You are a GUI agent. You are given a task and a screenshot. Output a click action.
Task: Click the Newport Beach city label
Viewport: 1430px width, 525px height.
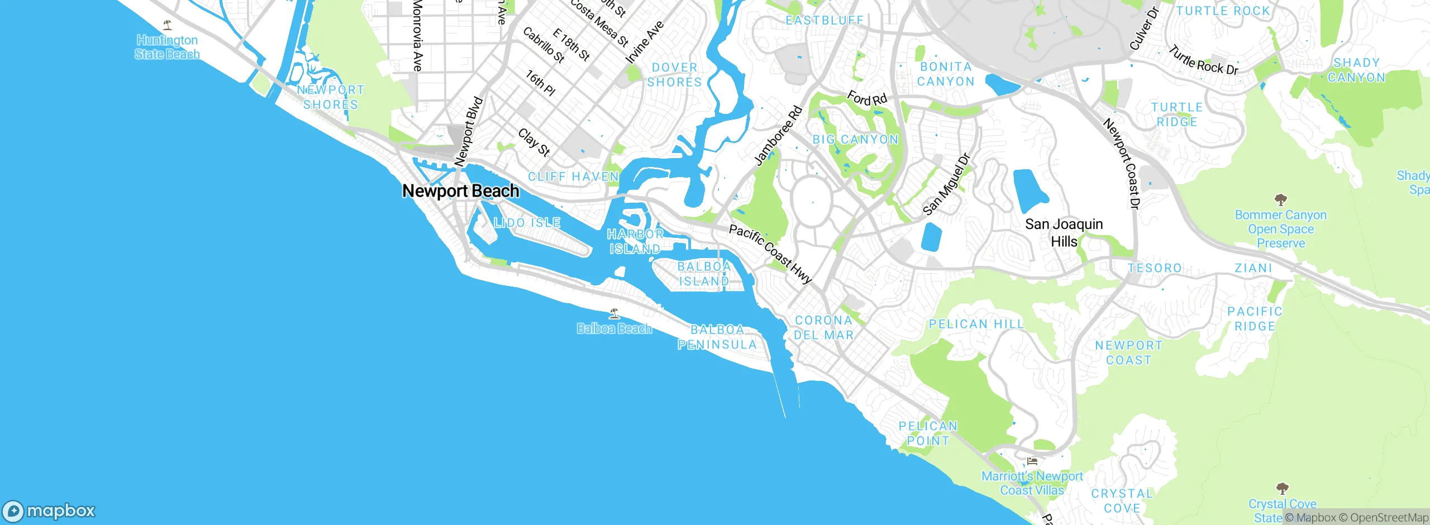coord(461,191)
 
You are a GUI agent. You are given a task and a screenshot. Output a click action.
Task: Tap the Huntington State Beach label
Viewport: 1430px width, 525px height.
coord(167,47)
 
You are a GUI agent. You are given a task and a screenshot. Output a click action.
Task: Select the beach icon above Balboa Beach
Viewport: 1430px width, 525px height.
coord(614,314)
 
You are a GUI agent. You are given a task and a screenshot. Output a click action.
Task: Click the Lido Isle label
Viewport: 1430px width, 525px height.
coord(527,223)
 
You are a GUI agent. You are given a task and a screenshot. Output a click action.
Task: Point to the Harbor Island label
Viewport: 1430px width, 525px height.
coord(635,241)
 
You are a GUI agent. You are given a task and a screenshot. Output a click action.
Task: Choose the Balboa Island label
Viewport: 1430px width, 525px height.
coord(704,274)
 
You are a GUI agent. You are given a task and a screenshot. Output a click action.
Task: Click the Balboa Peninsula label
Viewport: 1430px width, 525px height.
coord(717,337)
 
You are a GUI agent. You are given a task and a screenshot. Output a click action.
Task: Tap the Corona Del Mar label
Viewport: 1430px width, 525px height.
coord(824,328)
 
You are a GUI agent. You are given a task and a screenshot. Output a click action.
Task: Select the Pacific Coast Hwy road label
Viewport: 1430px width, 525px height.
coord(770,254)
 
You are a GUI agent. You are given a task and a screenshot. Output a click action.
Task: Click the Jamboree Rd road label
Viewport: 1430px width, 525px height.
coord(778,136)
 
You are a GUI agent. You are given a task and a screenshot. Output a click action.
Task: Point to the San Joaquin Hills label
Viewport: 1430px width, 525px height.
coord(1064,232)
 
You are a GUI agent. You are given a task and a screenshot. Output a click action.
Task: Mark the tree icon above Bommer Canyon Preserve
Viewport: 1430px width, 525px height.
coord(1281,200)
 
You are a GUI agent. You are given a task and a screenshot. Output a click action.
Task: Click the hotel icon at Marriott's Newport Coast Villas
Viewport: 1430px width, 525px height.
coord(1032,461)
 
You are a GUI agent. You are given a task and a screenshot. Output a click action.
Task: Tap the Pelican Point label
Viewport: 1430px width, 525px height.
coord(928,433)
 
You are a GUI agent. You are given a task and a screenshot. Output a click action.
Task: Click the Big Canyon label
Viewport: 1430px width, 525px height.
coord(855,140)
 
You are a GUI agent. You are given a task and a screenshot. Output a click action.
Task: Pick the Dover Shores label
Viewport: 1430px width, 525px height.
coord(674,75)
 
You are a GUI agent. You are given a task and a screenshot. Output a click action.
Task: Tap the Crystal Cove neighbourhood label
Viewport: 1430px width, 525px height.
coord(1122,501)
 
